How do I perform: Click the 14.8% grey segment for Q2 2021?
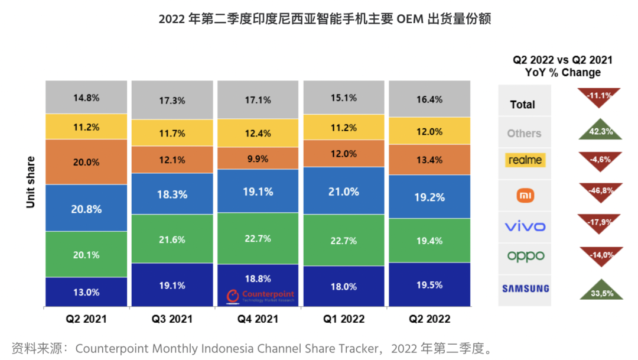(86, 98)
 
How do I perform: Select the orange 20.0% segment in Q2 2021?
(86, 162)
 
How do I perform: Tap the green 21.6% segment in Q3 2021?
(172, 239)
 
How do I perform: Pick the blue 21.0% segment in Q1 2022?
(343, 191)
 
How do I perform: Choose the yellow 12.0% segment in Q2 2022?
(429, 131)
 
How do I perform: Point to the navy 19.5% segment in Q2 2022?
(429, 285)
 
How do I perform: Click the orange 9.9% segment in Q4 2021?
(258, 158)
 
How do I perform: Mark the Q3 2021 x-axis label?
(172, 319)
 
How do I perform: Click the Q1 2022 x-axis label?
(343, 319)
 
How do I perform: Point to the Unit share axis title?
(31, 182)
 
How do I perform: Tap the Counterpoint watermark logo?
(261, 296)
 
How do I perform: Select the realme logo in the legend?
(525, 160)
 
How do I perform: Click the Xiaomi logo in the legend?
(525, 195)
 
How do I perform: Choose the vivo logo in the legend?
(525, 226)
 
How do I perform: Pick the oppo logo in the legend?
(525, 257)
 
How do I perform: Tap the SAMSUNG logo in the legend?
(525, 289)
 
